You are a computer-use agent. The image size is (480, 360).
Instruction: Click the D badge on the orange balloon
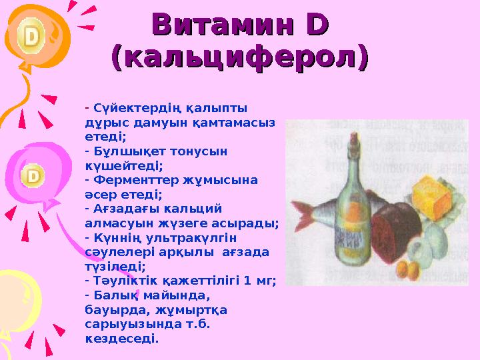pos(31,37)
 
